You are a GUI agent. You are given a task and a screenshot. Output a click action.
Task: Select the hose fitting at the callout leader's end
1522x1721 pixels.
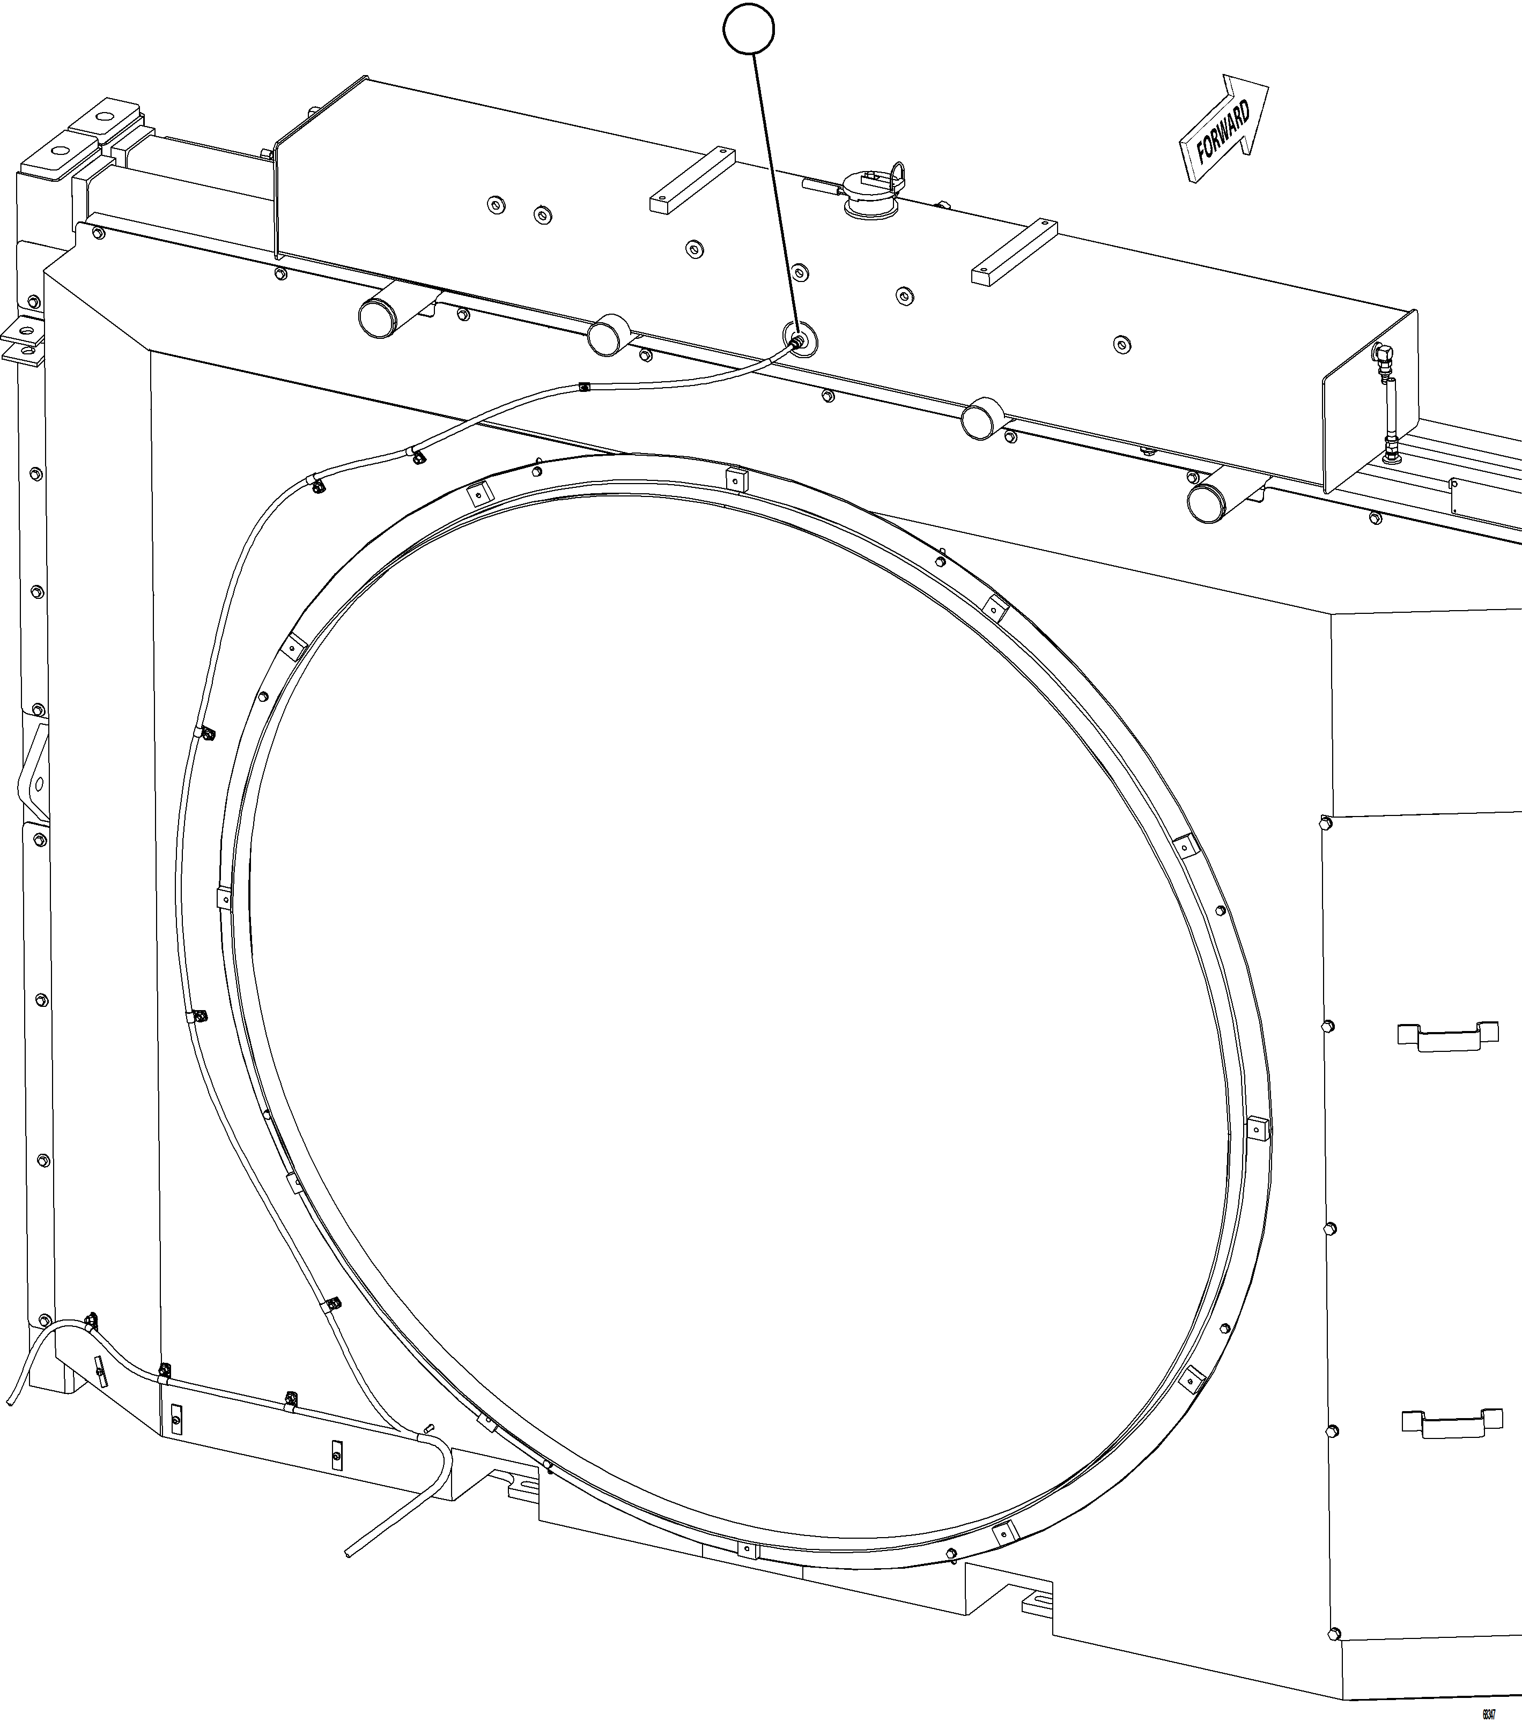(x=796, y=339)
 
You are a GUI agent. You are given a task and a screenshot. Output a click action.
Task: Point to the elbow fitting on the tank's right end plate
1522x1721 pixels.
(x=1381, y=354)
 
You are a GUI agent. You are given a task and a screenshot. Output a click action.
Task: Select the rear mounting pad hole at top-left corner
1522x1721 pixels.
(x=105, y=116)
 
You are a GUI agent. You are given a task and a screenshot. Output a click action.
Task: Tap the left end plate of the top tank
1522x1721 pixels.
(x=320, y=168)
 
